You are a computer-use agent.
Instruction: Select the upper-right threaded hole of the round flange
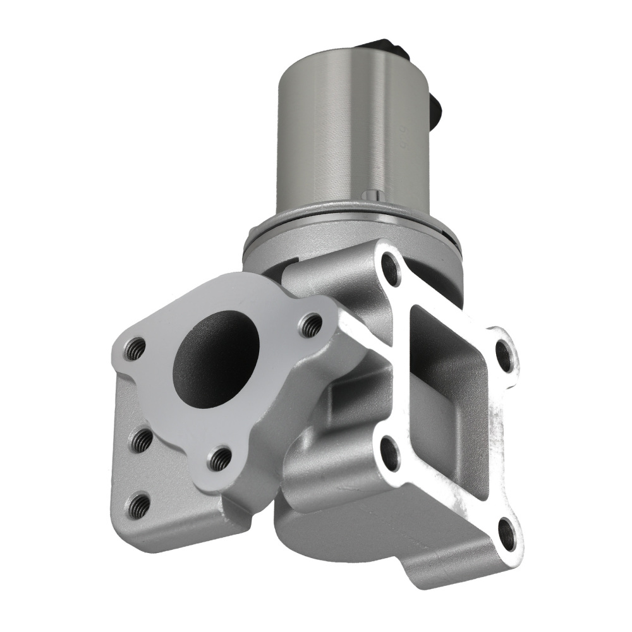click(310, 325)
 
